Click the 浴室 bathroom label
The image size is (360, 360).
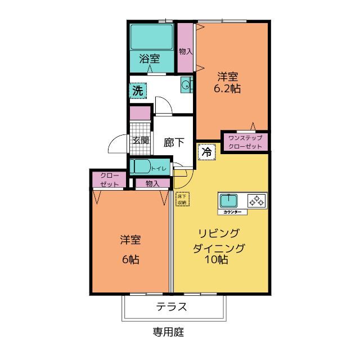tap(150, 58)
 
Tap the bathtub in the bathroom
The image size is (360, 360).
tap(151, 38)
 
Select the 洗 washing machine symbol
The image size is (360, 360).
tap(138, 89)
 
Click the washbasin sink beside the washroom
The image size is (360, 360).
tap(187, 85)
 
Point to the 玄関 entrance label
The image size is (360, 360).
tap(140, 141)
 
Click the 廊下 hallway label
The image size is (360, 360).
tap(174, 142)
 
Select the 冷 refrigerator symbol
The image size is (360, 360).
tap(206, 152)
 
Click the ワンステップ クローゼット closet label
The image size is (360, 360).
tap(245, 142)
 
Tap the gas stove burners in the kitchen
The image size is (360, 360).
tap(256, 200)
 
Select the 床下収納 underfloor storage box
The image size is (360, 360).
tap(182, 199)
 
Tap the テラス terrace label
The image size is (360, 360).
tap(172, 307)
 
